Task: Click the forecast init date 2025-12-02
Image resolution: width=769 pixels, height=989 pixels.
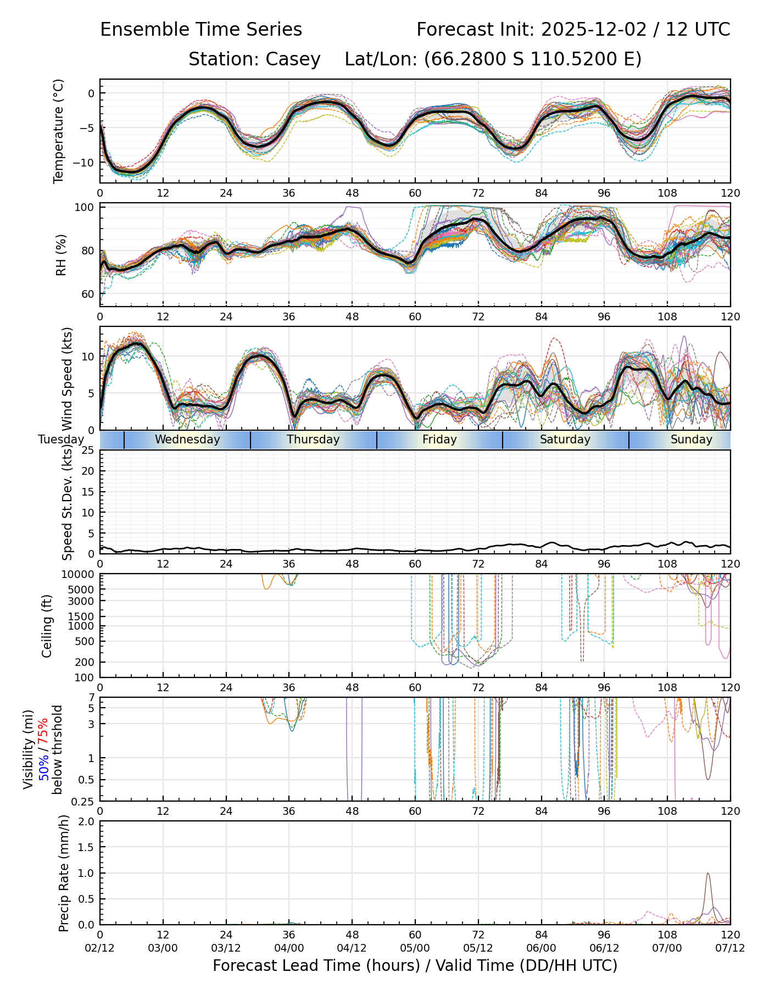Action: click(x=594, y=30)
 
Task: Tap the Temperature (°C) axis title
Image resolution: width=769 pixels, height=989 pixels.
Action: click(x=59, y=131)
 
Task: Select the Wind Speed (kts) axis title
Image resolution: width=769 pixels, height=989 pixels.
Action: click(x=67, y=379)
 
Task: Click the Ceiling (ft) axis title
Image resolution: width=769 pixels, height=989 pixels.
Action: click(x=47, y=625)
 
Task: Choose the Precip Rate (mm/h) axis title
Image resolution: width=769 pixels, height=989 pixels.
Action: click(x=64, y=873)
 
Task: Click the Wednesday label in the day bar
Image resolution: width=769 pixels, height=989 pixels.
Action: click(x=187, y=440)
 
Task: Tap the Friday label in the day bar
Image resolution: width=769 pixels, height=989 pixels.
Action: click(x=439, y=440)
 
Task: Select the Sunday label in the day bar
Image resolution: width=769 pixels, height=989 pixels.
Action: click(x=691, y=440)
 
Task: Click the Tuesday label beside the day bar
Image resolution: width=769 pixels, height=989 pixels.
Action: click(x=61, y=440)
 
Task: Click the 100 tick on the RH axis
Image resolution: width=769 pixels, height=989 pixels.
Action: click(x=85, y=208)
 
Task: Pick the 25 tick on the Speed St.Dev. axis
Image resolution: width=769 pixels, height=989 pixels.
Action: click(x=88, y=451)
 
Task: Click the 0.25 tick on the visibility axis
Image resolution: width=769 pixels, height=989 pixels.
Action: click(x=83, y=801)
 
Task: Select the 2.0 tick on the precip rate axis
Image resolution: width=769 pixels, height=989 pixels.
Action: click(x=86, y=822)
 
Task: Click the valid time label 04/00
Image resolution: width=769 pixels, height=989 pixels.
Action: click(x=289, y=948)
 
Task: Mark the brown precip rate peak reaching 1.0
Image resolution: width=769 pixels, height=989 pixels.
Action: click(x=707, y=874)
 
